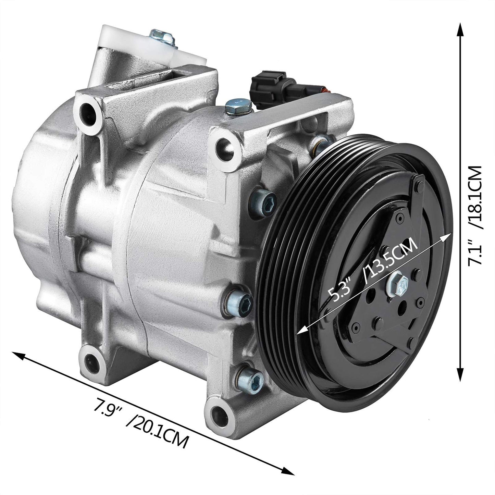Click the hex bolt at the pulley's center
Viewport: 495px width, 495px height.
(x=399, y=284)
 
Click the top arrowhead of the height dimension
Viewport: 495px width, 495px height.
(x=461, y=29)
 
